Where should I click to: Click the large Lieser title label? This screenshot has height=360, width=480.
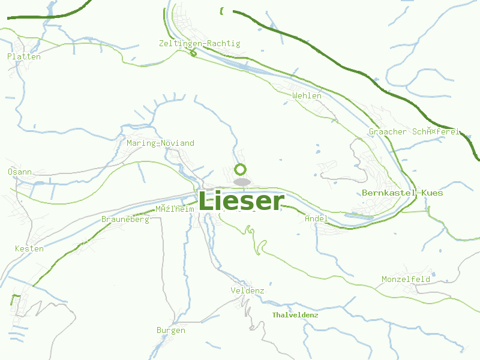(241, 201)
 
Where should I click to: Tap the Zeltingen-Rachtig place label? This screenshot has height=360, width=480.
(200, 44)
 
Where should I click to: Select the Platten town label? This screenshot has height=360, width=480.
(24, 57)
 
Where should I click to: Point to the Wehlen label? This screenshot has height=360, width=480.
(307, 96)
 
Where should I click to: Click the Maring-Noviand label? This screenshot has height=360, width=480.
(161, 143)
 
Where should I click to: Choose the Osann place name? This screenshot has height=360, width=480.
(20, 172)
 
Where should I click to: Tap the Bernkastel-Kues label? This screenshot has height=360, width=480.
(403, 193)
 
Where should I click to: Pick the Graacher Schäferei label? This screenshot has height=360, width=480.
(414, 131)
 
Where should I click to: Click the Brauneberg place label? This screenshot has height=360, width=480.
(125, 220)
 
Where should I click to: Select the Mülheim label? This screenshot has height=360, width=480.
(175, 209)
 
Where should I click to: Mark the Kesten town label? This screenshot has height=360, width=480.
(29, 248)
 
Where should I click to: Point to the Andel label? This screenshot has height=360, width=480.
(316, 219)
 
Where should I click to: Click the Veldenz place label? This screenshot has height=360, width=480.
(247, 291)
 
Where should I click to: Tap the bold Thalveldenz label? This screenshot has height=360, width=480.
(295, 315)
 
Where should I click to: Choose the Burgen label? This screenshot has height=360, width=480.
(170, 331)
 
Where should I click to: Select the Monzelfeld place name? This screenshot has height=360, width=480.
(406, 280)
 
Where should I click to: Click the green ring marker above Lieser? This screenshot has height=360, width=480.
(241, 169)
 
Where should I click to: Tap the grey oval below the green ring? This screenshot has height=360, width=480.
(242, 181)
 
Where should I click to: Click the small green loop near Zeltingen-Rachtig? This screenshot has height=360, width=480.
(193, 53)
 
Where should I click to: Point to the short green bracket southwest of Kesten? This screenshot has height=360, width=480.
(14, 299)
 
